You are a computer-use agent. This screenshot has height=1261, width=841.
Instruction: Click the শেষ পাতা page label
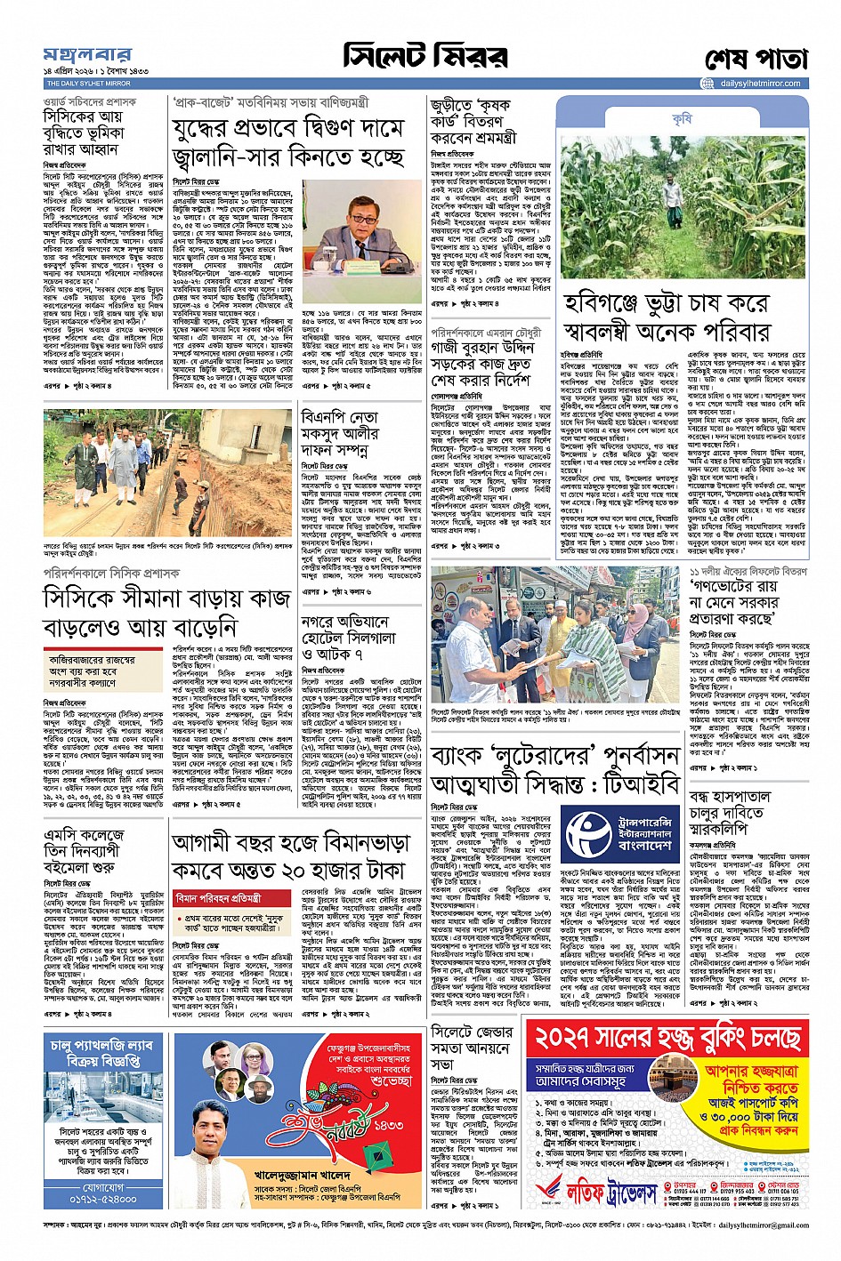756,59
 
